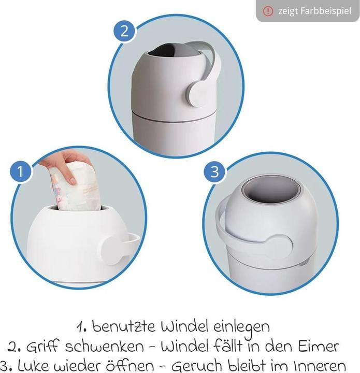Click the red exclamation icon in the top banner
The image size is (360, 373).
tap(268, 11)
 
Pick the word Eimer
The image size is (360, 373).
tap(321, 346)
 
